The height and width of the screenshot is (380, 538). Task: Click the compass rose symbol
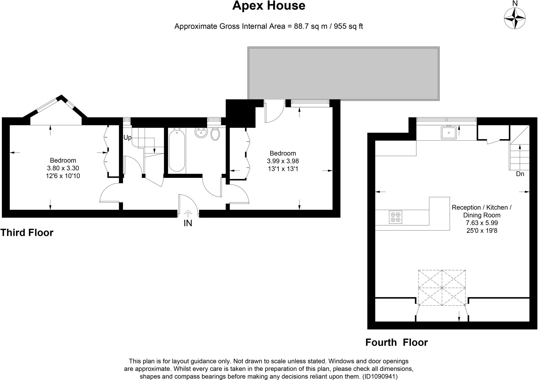pos(515,18)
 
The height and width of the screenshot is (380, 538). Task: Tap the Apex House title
pos(268,6)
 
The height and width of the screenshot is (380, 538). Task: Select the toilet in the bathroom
pos(215,134)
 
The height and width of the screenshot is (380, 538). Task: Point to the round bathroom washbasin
pos(201,133)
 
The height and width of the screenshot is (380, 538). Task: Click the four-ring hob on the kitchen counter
pos(395,217)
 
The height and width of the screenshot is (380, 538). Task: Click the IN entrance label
pos(188,223)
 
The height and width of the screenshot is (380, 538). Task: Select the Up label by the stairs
pos(127,138)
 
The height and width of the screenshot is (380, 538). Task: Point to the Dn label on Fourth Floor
pos(520,174)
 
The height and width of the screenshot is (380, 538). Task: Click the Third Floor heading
pos(27,233)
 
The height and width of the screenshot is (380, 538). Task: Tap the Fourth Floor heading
pos(396,342)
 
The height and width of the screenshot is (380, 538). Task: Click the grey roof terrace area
pos(343,73)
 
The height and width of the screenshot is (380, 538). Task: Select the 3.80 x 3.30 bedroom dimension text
pos(63,168)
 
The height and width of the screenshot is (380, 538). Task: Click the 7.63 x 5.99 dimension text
pos(482,223)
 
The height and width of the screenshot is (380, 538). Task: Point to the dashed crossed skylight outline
pos(442,288)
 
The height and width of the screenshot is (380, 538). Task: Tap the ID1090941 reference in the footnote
pos(380,377)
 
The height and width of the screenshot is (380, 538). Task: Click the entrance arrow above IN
pos(188,213)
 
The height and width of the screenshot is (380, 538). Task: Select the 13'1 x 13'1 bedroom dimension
pos(283,169)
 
